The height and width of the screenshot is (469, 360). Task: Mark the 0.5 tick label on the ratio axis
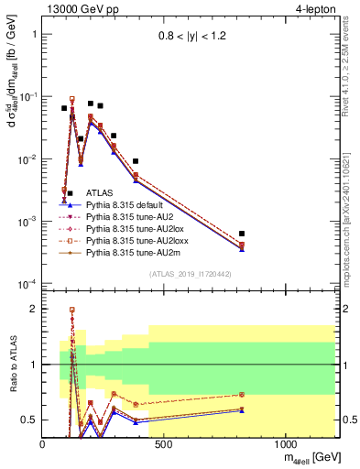[x=29, y=420]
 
